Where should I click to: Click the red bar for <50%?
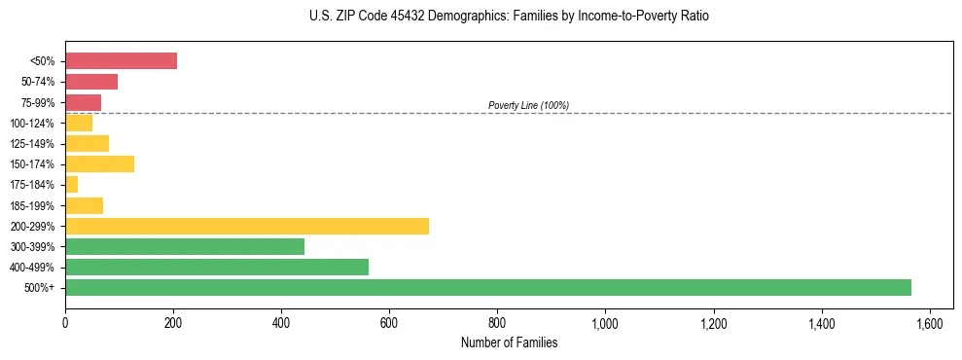(x=121, y=61)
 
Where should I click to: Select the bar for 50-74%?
(x=91, y=82)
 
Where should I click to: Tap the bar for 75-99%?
(x=83, y=102)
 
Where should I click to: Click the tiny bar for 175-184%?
(x=71, y=184)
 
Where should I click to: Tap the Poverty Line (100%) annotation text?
(x=528, y=105)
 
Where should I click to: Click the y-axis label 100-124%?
(x=32, y=124)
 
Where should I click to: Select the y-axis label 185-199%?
(x=32, y=205)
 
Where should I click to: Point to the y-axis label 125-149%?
(x=32, y=144)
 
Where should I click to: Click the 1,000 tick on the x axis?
(x=605, y=323)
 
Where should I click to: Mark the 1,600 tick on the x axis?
(x=930, y=323)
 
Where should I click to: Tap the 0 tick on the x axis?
(x=65, y=323)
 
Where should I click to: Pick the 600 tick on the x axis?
(x=389, y=323)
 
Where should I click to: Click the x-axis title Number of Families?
(x=509, y=342)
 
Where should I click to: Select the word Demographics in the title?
(x=458, y=17)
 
